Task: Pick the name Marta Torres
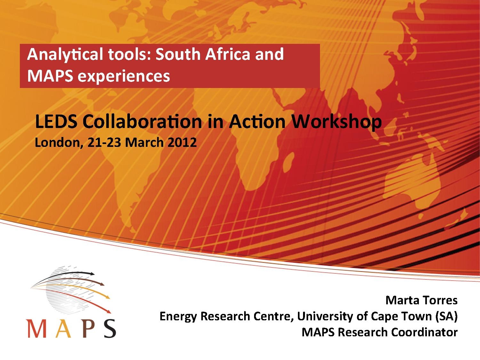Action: [x=421, y=300]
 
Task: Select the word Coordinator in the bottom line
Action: [x=424, y=332]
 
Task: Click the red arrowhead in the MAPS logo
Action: [x=108, y=311]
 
